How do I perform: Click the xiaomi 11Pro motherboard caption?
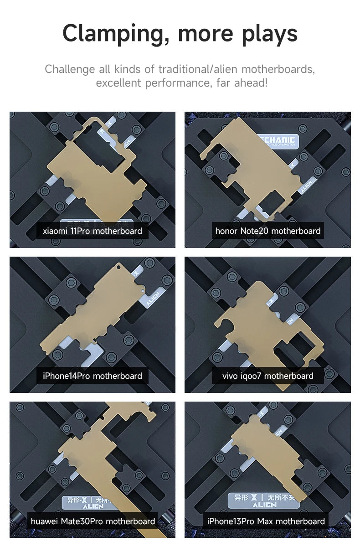pos(93,231)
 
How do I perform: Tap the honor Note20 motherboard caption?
pos(268,231)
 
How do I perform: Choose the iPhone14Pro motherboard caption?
pos(93,376)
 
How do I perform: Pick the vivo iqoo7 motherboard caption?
pos(268,376)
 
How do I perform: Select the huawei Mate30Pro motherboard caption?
pos(93,521)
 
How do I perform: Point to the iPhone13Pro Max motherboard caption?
pos(266,521)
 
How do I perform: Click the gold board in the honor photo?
pos(255,173)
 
